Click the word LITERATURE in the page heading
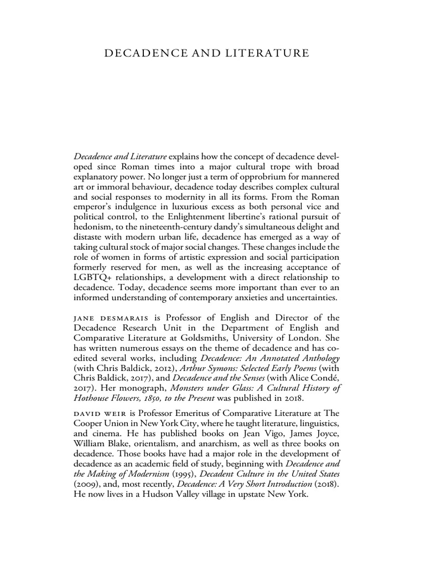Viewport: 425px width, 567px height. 267,54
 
